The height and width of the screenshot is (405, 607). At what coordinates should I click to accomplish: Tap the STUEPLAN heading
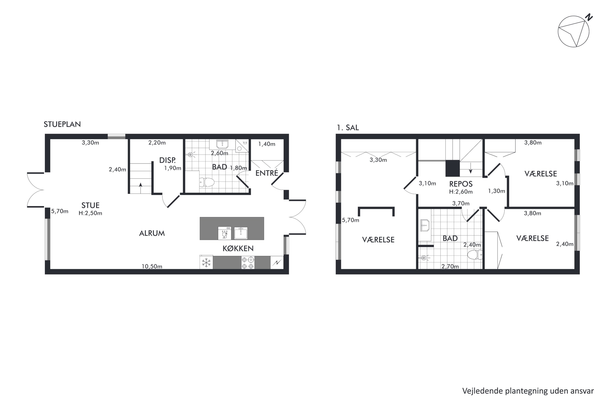coord(62,124)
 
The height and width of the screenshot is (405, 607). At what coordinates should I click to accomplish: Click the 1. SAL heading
coord(348,128)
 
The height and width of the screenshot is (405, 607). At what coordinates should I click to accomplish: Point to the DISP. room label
coord(168,160)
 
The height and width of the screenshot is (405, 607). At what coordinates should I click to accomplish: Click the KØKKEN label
coord(238,248)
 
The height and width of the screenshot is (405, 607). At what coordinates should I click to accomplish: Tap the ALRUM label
coord(152,233)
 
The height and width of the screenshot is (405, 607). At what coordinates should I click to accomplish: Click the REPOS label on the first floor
coord(461,184)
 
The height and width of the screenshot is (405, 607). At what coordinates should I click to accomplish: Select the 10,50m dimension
coord(152,266)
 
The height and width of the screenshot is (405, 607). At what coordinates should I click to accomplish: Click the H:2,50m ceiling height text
coord(90,213)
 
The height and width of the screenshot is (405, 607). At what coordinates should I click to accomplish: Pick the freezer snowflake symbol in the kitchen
coord(206,263)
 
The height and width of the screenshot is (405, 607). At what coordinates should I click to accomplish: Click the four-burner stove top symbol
coord(248,263)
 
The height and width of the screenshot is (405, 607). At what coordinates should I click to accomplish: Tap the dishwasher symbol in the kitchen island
coord(225,233)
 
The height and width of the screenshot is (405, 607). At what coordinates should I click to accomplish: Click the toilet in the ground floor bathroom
coord(207,182)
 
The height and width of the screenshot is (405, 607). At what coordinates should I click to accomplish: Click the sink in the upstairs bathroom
coord(425,225)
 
